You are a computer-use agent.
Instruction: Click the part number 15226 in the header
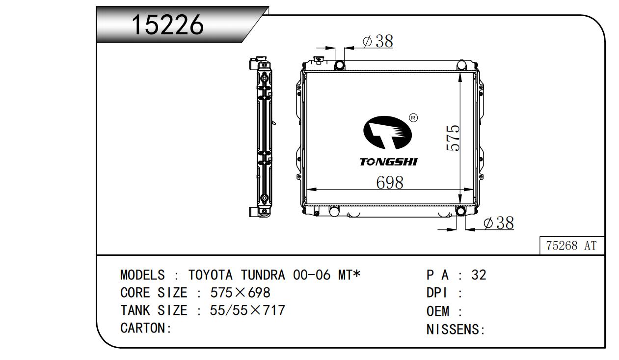[x=168, y=25]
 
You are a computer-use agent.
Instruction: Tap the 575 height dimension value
[x=453, y=138]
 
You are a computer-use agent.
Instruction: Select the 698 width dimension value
[x=390, y=183]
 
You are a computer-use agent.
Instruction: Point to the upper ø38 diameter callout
[x=378, y=41]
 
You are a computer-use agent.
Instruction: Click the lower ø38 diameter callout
[x=499, y=223]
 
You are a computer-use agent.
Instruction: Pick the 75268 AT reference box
[x=572, y=246]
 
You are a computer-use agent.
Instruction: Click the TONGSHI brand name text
[x=389, y=162]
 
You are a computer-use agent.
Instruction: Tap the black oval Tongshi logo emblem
[x=387, y=133]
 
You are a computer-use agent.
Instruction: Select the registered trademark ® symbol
[x=413, y=118]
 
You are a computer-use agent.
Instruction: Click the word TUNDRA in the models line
[x=263, y=275]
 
